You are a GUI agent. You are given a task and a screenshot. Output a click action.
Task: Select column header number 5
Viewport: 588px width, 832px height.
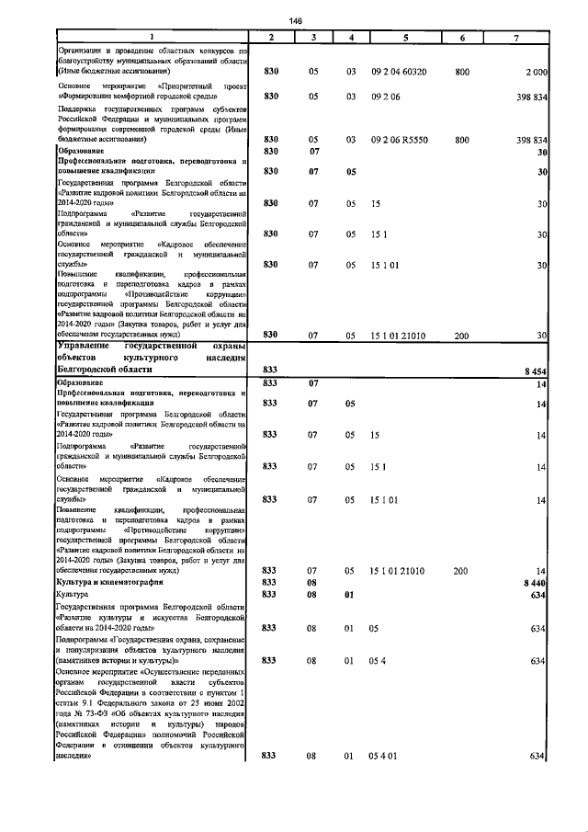tap(405, 37)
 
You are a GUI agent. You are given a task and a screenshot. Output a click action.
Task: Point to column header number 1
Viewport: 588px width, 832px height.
tap(152, 37)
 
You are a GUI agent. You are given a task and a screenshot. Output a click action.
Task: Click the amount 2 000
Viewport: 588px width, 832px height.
tap(537, 71)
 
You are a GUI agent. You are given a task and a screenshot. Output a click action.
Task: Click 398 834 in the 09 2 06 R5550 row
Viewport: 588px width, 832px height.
tap(530, 140)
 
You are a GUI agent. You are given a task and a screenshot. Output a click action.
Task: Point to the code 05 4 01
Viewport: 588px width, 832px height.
tap(381, 756)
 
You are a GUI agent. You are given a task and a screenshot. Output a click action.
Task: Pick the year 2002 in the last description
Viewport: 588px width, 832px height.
tap(236, 699)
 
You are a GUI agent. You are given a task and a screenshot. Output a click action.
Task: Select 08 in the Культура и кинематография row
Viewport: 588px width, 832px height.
tap(313, 583)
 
